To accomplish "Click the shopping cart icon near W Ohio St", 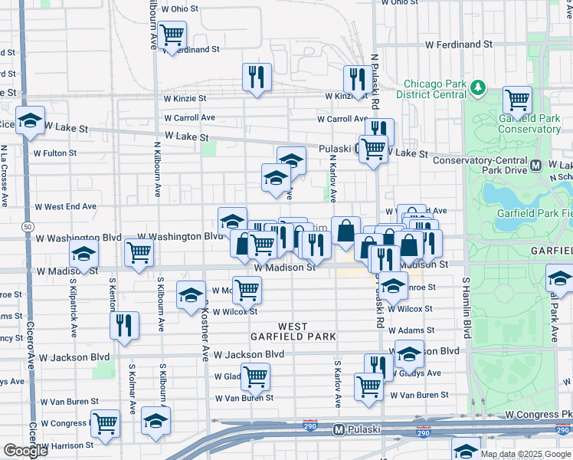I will (x=172, y=34).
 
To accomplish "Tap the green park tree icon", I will (x=479, y=87).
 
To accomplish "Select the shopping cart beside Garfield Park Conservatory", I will (x=518, y=99).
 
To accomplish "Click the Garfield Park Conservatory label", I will (x=529, y=123).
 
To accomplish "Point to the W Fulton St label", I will (x=54, y=153).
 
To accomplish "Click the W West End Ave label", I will (x=65, y=207).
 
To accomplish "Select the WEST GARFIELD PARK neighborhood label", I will (x=282, y=331).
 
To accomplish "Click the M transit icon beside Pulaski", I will (x=339, y=431).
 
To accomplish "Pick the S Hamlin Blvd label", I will (x=466, y=308).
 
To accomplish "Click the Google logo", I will (x=25, y=451).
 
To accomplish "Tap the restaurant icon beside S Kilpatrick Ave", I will (x=123, y=324).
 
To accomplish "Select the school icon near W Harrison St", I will (x=156, y=420).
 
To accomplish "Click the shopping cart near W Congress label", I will (x=105, y=422).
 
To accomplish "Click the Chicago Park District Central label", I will (x=434, y=89).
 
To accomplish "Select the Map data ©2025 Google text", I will (x=526, y=454).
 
